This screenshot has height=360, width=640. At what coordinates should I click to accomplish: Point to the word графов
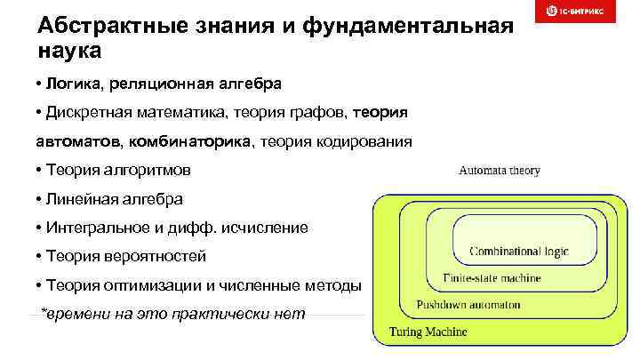point(323,113)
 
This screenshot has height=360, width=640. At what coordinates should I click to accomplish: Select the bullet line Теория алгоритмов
point(113,170)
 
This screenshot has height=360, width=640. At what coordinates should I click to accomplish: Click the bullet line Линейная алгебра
point(108,198)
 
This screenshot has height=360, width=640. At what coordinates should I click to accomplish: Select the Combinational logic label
point(519,252)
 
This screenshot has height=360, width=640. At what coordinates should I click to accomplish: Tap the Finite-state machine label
point(492,278)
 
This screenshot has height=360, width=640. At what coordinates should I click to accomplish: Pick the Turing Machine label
point(429,332)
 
